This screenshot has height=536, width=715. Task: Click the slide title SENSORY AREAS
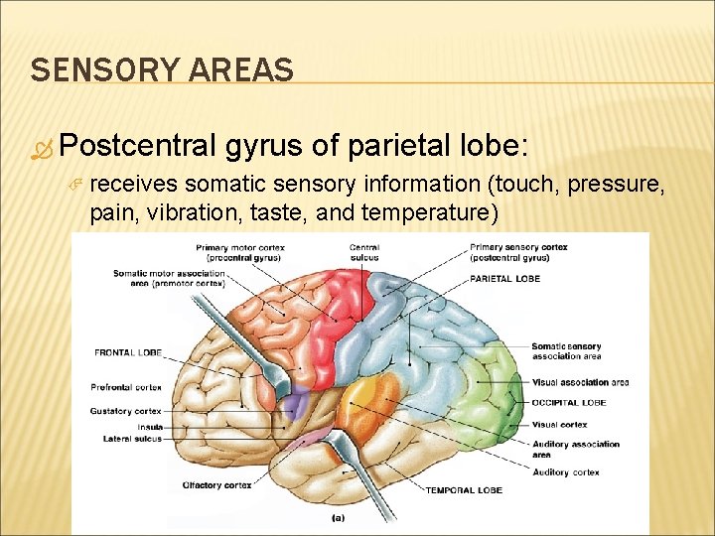coord(162,70)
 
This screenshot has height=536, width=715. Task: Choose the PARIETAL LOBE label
coord(505,279)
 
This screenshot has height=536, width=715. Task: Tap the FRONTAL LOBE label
coord(128,352)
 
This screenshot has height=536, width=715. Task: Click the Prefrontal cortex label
coord(126,388)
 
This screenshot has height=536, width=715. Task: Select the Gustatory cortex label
coord(125,411)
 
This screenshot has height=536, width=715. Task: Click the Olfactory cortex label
coord(215,484)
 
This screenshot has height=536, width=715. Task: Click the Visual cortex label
coord(559,425)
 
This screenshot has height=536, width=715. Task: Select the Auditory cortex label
coord(565,472)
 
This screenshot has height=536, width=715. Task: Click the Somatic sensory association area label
coord(565,351)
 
